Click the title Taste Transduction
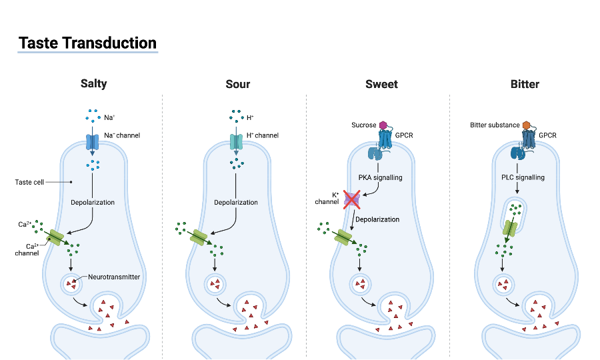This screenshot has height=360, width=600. tap(87, 43)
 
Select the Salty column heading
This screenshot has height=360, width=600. tap(93, 84)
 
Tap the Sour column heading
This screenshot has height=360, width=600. tap(238, 84)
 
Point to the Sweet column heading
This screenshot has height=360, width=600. tap(381, 84)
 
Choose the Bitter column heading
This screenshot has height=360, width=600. tap(525, 84)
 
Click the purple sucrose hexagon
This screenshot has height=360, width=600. tap(383, 125)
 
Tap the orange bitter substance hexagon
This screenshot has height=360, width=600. tap(526, 125)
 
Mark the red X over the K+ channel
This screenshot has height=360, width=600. tap(352, 199)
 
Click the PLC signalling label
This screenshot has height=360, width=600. tap(523, 177)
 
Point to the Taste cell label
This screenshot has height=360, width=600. tap(29, 181)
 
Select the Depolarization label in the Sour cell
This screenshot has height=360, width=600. tap(236, 202)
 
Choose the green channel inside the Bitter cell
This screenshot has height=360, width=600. tap(510, 227)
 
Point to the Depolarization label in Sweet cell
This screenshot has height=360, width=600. tap(377, 219)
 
